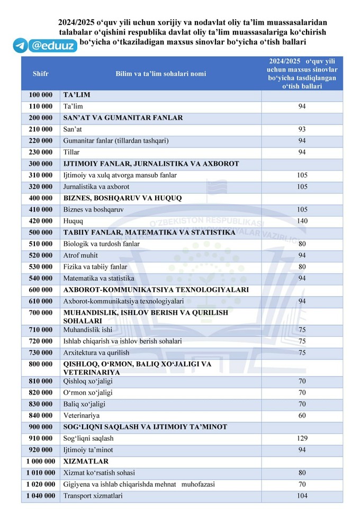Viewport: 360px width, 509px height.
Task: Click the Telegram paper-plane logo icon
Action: [20, 46]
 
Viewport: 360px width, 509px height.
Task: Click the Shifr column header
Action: [40, 74]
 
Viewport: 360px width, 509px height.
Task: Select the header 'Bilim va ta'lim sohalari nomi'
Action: [161, 74]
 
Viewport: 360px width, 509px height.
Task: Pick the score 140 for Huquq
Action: [302, 221]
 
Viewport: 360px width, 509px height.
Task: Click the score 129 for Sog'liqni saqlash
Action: [302, 439]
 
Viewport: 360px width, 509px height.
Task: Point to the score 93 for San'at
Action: [302, 129]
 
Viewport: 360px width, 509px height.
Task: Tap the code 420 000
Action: [41, 221]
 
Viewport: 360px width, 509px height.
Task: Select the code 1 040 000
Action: [41, 496]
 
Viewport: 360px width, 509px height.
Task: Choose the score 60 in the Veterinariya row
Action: [302, 416]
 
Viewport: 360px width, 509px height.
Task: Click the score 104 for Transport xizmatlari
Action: [302, 496]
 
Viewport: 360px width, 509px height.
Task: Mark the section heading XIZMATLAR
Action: [86, 461]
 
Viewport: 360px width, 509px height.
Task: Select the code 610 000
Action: [41, 301]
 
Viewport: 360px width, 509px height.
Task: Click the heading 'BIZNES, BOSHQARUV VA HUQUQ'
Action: [122, 198]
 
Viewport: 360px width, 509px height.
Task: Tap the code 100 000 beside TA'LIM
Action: [41, 95]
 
